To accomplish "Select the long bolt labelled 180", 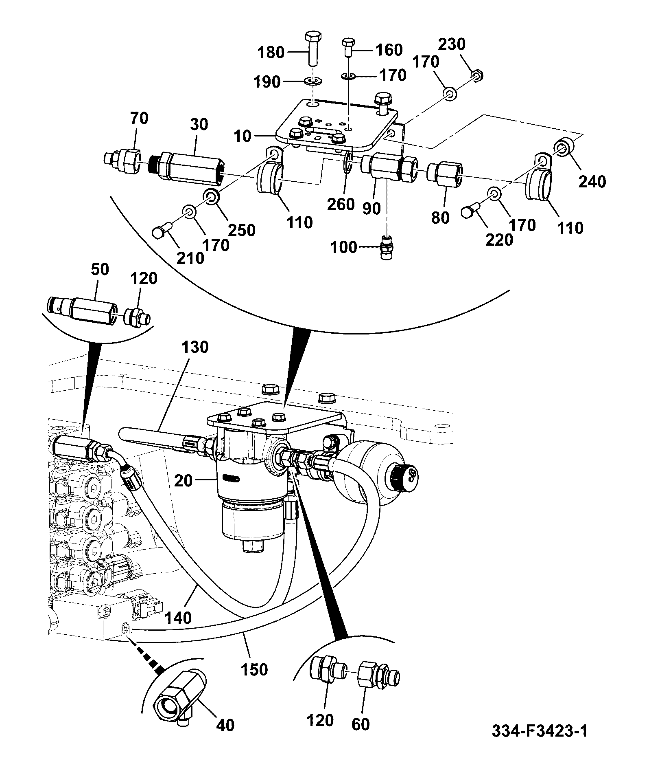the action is tap(312, 48).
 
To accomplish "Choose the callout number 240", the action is tap(592, 181).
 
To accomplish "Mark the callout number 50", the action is tap(100, 269).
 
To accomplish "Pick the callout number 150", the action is tap(254, 669).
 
